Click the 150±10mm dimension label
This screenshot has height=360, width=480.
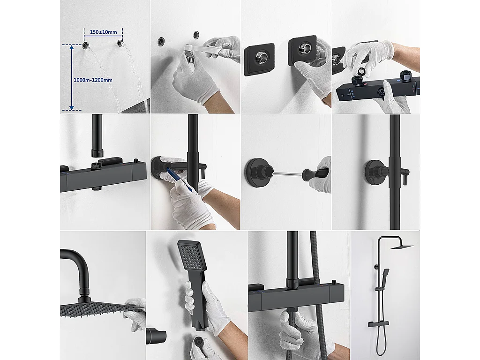pos(103,31)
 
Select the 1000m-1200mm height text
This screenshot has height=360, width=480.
pos(93,80)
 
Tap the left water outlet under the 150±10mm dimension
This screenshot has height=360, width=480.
pos(86,45)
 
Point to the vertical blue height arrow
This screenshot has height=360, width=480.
pos(71,77)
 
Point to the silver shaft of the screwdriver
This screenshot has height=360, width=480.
pos(288,174)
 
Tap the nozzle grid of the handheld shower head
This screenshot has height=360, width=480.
pos(189,255)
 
